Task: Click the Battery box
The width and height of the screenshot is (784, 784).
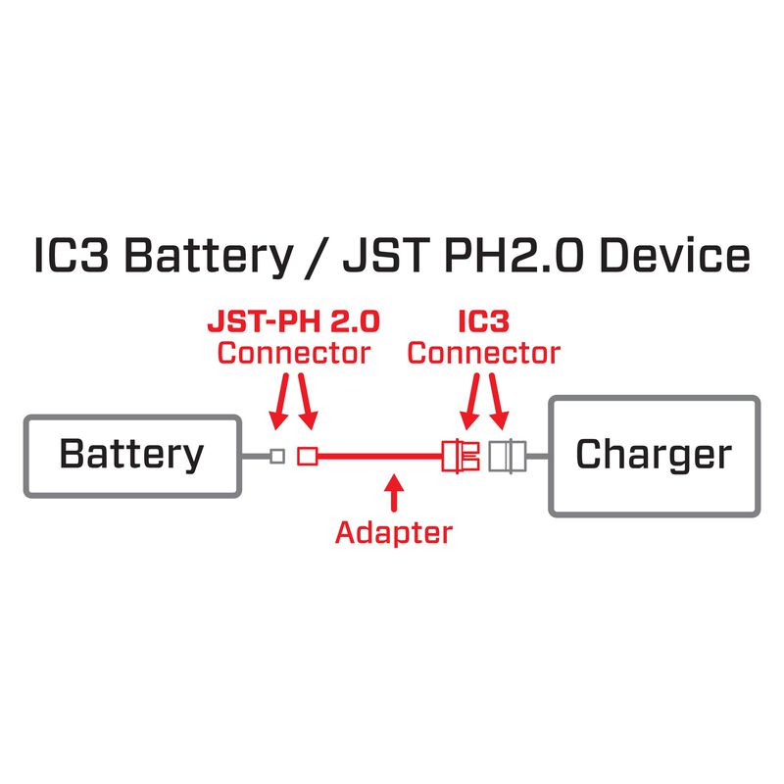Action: pyautogui.click(x=131, y=455)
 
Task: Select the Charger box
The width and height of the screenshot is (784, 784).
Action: pyautogui.click(x=654, y=455)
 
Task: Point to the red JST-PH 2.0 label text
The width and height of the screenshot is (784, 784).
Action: pyautogui.click(x=293, y=321)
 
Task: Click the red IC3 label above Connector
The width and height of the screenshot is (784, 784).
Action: pyautogui.click(x=484, y=321)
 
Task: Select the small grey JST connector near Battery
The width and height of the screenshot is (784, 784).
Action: pyautogui.click(x=277, y=456)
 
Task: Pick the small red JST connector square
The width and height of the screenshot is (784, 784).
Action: pyautogui.click(x=309, y=456)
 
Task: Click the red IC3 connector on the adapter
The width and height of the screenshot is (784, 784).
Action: pyautogui.click(x=459, y=456)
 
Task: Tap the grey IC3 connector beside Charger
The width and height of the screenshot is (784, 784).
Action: pyautogui.click(x=506, y=456)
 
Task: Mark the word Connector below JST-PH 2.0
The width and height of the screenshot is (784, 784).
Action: pyautogui.click(x=293, y=353)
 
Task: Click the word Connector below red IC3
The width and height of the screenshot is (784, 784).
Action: pyautogui.click(x=484, y=353)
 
